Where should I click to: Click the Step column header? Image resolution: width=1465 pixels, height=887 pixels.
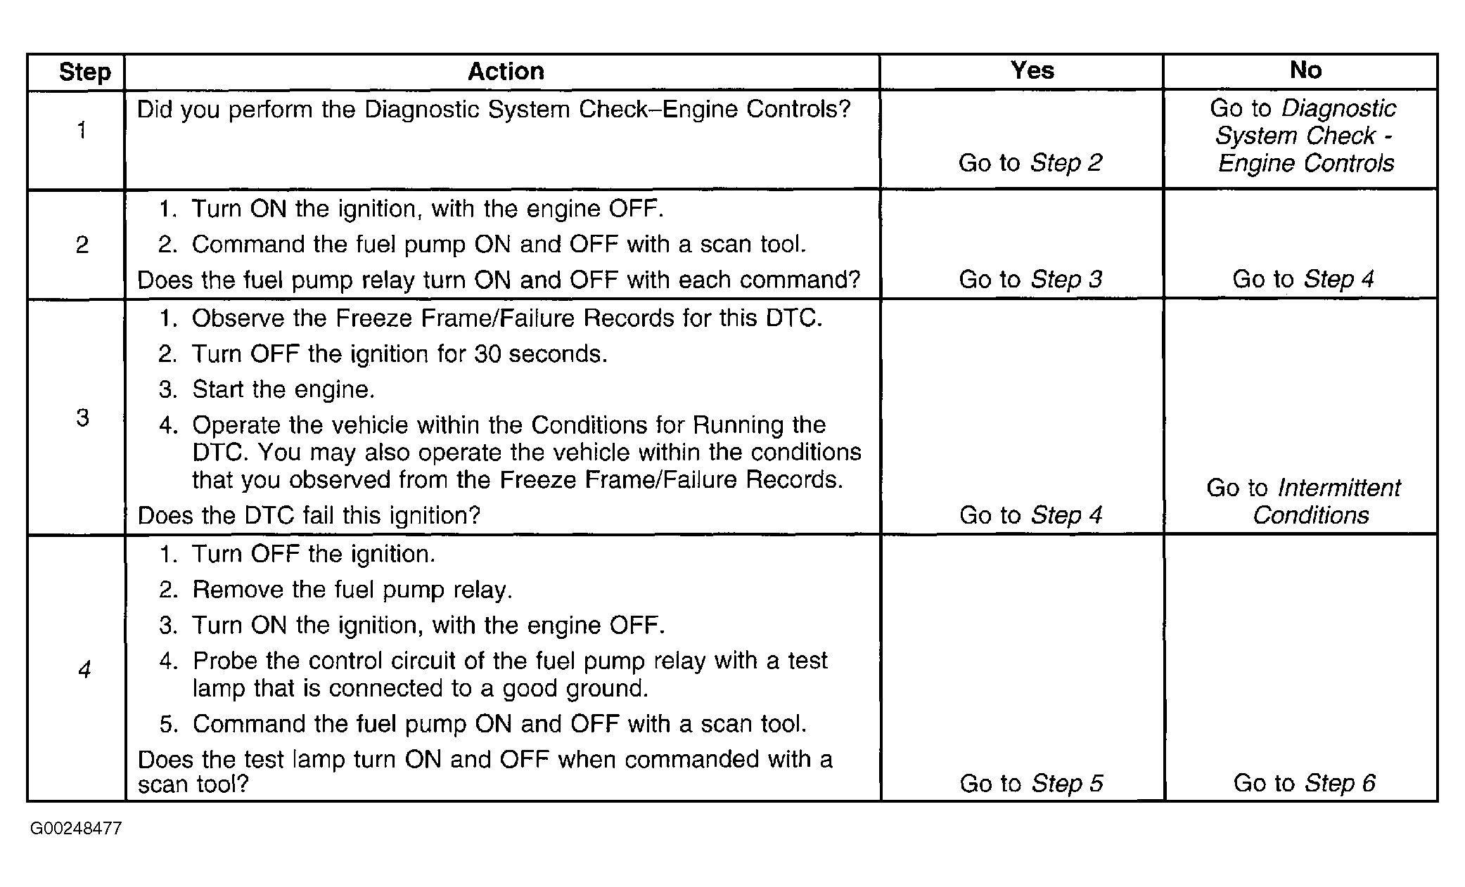coord(84,72)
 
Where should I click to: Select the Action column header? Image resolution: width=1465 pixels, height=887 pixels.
coord(506,71)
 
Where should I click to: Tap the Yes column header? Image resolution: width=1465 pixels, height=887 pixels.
coord(1032,70)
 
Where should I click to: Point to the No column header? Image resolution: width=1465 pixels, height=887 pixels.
coord(1305,70)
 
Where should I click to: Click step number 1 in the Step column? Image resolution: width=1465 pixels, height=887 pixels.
coord(82,131)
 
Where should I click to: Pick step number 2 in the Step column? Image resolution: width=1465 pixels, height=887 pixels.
coord(82,245)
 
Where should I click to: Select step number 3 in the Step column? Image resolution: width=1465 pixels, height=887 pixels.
coord(82,417)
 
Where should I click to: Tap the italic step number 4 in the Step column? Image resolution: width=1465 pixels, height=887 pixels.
coord(84,669)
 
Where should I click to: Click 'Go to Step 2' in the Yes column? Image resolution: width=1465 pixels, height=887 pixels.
coord(1030,163)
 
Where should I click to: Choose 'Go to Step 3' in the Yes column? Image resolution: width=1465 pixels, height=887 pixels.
coord(1030,280)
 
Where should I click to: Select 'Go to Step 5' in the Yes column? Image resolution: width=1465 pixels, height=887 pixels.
coord(1031,783)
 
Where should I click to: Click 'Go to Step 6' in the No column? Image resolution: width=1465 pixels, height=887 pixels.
coord(1304,783)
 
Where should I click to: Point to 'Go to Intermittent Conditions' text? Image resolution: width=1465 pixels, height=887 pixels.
coord(1304,501)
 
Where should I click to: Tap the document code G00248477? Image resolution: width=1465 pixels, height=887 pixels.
coord(76,829)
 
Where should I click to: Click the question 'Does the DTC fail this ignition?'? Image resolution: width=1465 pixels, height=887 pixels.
coord(309,516)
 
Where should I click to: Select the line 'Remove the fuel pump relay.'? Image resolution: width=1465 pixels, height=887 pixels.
coord(352,590)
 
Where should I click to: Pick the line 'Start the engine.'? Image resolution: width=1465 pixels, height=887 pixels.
coord(283,389)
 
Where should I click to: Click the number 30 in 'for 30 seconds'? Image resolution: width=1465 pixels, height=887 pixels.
coord(487,354)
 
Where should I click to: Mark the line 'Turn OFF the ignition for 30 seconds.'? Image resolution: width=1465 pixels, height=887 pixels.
coord(399,354)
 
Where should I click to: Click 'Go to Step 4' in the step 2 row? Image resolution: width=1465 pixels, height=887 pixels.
coord(1303,280)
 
